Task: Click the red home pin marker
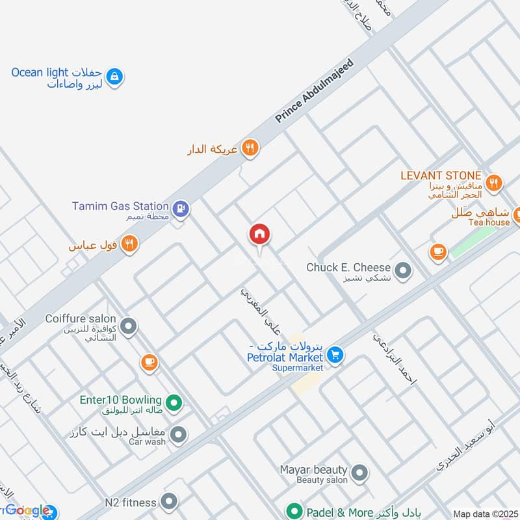(259, 235)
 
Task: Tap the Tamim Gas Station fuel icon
(181, 208)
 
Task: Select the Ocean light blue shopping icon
(114, 77)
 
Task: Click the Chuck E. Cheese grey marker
(403, 270)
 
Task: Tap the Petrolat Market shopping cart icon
(335, 355)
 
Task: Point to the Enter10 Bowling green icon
(174, 404)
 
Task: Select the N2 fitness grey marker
(169, 501)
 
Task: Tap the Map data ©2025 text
(485, 514)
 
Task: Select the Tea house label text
(489, 222)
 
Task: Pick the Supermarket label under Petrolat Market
(297, 368)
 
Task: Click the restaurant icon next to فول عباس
(130, 244)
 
